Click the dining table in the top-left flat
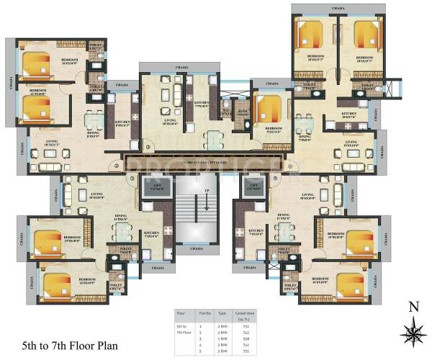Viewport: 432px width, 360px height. coord(91,120)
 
